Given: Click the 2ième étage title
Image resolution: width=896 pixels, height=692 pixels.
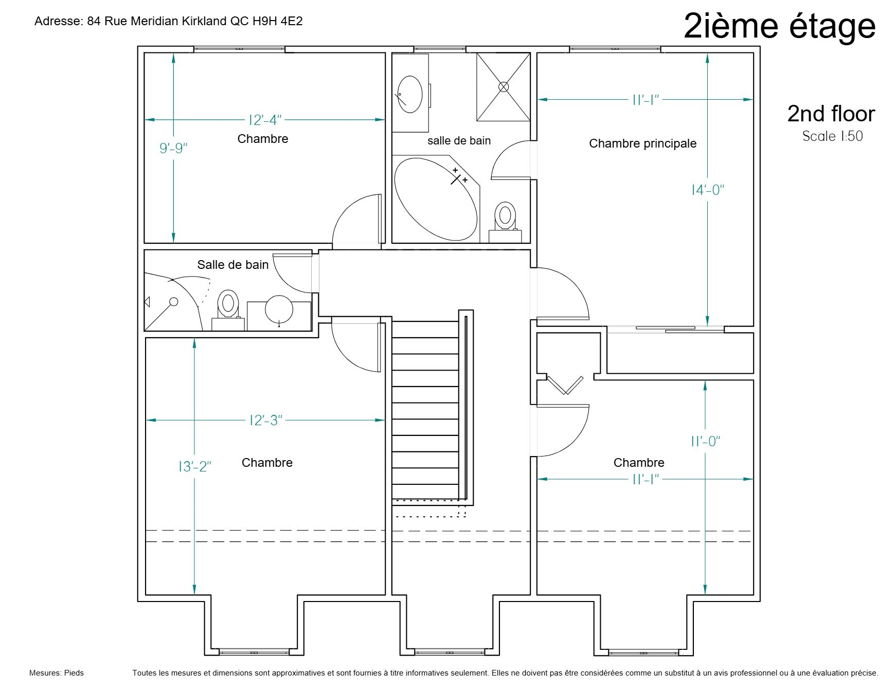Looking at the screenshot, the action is click(x=779, y=26).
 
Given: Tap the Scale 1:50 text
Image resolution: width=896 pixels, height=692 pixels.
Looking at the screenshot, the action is click(x=832, y=136).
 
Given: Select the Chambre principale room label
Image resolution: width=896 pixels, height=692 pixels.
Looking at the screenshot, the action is click(x=642, y=143).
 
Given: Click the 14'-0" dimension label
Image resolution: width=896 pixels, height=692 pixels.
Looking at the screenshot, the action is click(x=708, y=190).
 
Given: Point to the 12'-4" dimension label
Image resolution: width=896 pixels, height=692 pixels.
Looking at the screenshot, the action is click(x=265, y=120).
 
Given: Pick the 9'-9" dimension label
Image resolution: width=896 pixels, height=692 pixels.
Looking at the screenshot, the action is click(x=173, y=148).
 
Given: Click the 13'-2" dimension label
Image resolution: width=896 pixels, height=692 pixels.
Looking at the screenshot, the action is click(x=195, y=466).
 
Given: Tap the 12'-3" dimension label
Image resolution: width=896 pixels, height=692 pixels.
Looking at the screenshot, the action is click(x=265, y=420).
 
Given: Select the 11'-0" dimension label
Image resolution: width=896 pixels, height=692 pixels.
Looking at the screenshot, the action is click(x=705, y=441).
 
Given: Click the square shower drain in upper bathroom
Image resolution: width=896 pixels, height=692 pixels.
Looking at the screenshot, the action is click(x=504, y=87).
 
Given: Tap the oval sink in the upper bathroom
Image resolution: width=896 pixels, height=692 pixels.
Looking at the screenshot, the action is click(x=410, y=94).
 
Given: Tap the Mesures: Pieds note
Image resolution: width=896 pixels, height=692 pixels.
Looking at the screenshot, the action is click(x=57, y=672).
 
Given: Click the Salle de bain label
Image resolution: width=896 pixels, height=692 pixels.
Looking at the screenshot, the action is click(x=233, y=265).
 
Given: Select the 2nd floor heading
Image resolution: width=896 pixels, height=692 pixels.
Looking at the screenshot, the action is click(x=831, y=114).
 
